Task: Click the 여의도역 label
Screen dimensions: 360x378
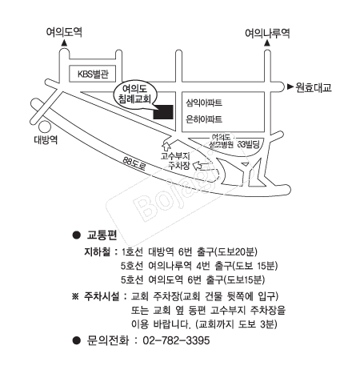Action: pyautogui.click(x=64, y=32)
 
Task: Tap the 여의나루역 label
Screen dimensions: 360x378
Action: pyautogui.click(x=267, y=34)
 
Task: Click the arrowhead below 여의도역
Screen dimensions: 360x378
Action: pyautogui.click(x=64, y=43)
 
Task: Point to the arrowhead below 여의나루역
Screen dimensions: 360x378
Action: pyautogui.click(x=267, y=43)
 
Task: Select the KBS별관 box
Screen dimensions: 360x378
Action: pyautogui.click(x=92, y=74)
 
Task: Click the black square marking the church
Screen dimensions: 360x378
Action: pyautogui.click(x=163, y=112)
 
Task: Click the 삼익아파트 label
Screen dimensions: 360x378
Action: pyautogui.click(x=204, y=103)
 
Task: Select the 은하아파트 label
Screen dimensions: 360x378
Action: pyautogui.click(x=204, y=119)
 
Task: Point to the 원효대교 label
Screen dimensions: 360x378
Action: pyautogui.click(x=314, y=87)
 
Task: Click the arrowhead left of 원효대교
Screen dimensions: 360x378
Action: pyautogui.click(x=290, y=86)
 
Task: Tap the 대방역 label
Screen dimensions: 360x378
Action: pyautogui.click(x=46, y=139)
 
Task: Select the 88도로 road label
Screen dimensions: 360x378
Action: pyautogui.click(x=134, y=163)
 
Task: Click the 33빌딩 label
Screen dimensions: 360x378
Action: pyautogui.click(x=249, y=144)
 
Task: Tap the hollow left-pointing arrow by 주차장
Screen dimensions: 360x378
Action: pyautogui.click(x=198, y=166)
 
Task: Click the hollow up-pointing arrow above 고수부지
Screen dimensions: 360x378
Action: pyautogui.click(x=166, y=146)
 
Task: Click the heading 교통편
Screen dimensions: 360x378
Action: pyautogui.click(x=102, y=235)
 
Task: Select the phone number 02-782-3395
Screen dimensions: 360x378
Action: pyautogui.click(x=176, y=340)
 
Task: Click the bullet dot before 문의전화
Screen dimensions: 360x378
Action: pyautogui.click(x=77, y=340)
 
